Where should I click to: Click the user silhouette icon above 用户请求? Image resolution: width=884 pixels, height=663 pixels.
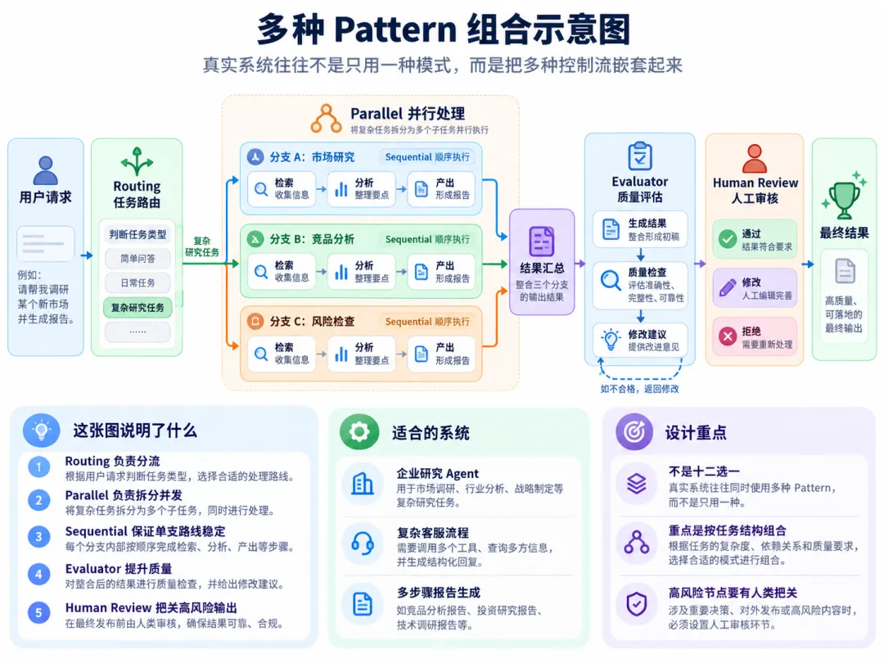point(45,170)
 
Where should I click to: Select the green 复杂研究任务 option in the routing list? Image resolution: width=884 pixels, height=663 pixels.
point(138,307)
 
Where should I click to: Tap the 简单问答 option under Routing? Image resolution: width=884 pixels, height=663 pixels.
point(138,259)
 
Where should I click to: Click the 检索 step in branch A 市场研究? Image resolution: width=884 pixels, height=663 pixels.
point(282,189)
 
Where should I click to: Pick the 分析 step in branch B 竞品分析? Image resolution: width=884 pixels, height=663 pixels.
point(362,272)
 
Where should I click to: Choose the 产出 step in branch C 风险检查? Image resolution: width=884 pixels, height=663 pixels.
point(441,354)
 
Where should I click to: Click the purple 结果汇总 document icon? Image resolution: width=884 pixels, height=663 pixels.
point(541,241)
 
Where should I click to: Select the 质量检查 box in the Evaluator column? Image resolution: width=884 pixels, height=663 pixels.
point(640,286)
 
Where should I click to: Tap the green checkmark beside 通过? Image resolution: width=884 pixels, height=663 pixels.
point(728,239)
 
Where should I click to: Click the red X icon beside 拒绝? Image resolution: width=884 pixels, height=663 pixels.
point(728,336)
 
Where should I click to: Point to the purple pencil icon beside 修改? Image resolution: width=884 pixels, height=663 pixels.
point(728,287)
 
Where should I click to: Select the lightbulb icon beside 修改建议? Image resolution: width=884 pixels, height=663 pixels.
point(610,340)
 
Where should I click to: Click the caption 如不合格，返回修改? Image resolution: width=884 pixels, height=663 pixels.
point(639,389)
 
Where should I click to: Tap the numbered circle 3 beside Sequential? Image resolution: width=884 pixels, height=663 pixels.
point(39,537)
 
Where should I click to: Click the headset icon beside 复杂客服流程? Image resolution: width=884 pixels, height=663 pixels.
point(363,544)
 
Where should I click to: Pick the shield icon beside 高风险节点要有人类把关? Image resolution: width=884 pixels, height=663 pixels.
point(637,604)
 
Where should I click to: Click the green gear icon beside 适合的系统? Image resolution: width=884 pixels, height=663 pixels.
point(359,432)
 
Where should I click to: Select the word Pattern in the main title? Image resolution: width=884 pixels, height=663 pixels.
point(395,29)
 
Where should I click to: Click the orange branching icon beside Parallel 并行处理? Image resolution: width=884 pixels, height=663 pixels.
point(326,119)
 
